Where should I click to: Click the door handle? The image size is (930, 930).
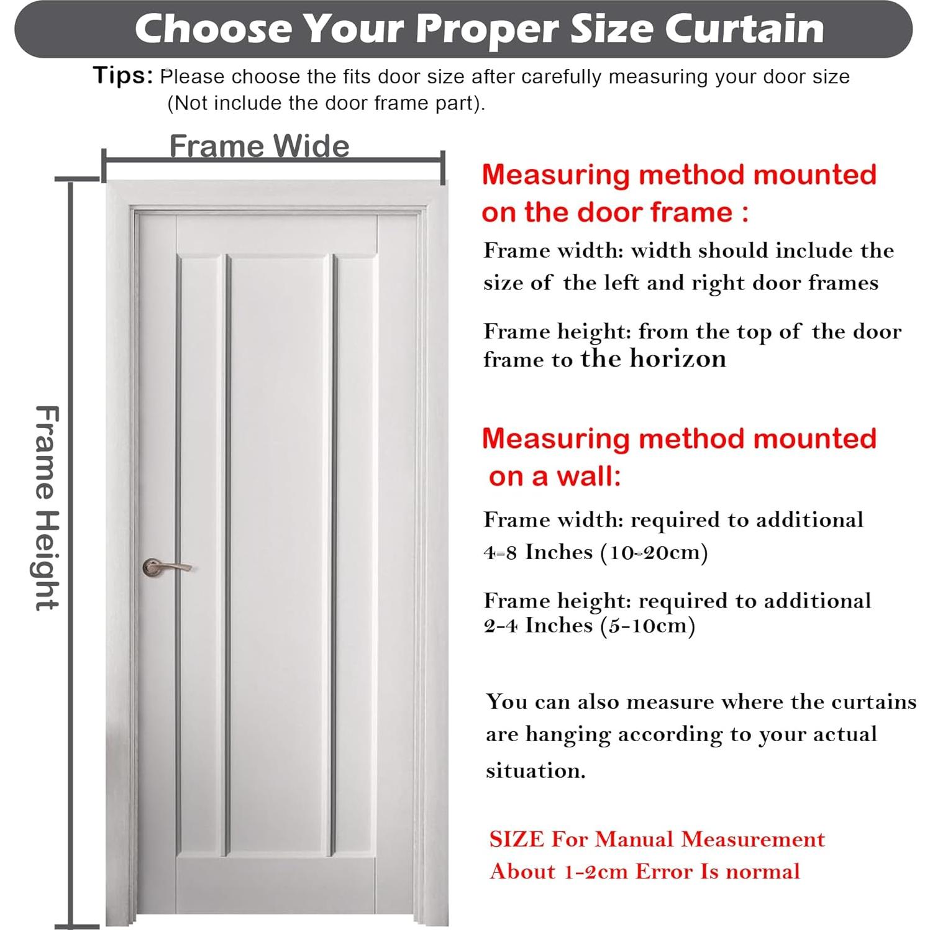coord(165,567)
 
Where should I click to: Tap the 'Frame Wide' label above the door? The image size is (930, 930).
coord(259,147)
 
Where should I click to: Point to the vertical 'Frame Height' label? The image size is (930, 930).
coord(47,508)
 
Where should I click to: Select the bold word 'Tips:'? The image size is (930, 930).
coord(123,75)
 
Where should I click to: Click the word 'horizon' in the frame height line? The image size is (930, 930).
coord(678,358)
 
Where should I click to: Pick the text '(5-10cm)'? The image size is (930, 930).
coord(647,625)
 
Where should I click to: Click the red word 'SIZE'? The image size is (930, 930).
coord(516,839)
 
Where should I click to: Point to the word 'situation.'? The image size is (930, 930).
coord(536,770)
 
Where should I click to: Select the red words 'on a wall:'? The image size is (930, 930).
coord(554,476)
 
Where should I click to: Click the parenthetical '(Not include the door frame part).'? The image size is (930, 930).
coord(326,103)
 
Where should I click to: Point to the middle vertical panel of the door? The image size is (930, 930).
coord(279,553)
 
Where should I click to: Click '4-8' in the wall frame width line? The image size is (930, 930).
coord(500,552)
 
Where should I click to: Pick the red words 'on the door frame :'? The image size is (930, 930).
coord(614,212)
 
